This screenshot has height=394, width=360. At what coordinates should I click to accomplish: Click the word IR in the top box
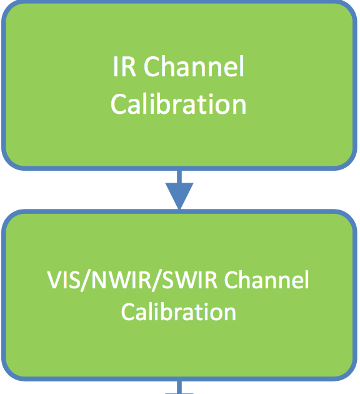pos(124,66)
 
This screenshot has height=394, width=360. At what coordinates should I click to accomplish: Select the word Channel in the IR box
pos(194,66)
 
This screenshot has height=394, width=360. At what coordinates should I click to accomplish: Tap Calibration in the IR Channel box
pos(179,104)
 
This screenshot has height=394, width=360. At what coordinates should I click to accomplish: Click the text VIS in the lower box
pos(64,280)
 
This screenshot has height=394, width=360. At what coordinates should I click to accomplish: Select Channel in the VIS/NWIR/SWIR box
pos(266,280)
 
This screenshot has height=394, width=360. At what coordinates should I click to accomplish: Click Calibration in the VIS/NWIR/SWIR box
pos(179,311)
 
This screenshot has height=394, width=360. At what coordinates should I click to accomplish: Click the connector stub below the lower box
pos(179,387)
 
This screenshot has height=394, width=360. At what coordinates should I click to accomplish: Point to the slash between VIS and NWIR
pos(86,281)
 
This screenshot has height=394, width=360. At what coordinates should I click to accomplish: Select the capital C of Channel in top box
pos(151,66)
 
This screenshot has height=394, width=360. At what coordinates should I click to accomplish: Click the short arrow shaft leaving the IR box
pos(179,176)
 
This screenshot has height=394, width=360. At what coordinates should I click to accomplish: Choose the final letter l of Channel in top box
pos(242,66)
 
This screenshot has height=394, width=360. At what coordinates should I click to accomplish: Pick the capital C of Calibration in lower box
pos(128,312)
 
